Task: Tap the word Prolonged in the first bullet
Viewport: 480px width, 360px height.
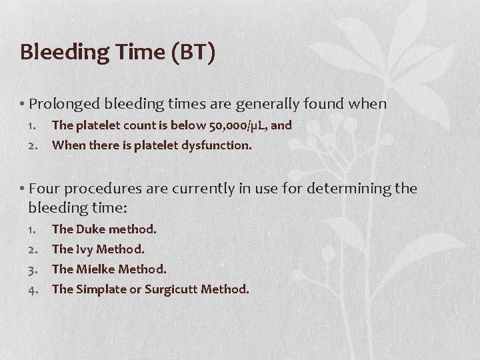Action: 65,104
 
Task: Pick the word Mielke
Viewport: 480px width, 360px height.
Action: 97,269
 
